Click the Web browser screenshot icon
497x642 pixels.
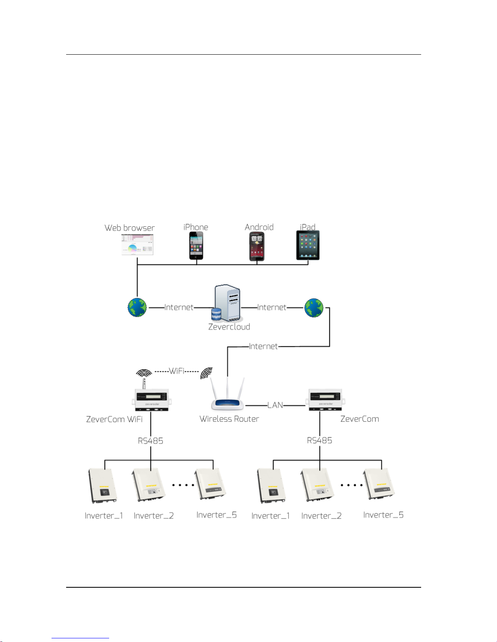137,245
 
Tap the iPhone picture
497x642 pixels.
196,245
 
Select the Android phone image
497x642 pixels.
256,246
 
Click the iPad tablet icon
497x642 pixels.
308,245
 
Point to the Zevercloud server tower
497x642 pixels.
227,303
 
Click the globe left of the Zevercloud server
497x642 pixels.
137,307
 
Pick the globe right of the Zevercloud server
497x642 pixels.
314,308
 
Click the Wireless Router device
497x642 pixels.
227,394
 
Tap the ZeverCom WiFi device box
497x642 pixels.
151,400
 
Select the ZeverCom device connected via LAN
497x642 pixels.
325,399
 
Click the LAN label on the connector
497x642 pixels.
275,405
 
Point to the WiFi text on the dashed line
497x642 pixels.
176,371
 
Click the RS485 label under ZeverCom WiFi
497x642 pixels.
151,441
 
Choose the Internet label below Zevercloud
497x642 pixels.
263,346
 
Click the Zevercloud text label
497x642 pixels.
229,327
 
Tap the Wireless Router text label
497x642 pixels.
229,419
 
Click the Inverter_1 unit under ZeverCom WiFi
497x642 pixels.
103,486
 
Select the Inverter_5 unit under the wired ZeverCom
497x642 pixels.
379,484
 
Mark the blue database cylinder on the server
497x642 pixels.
216,314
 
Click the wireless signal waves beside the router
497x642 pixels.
207,373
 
